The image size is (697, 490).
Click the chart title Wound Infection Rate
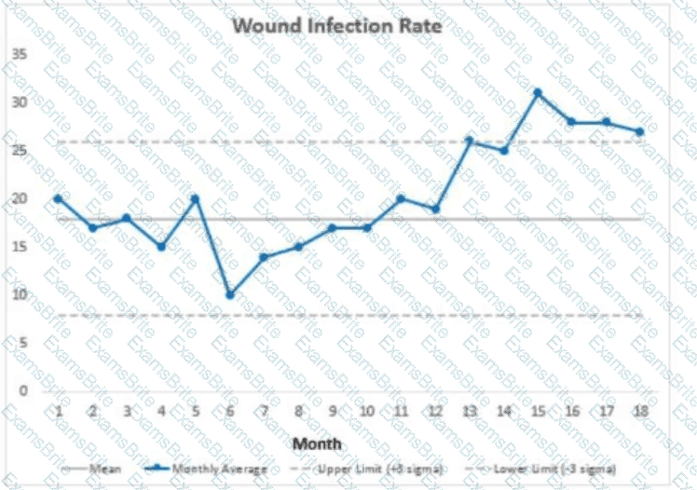tap(336, 25)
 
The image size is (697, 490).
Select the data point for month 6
tap(229, 294)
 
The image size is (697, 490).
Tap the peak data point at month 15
tap(537, 92)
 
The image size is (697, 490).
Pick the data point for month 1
tap(58, 197)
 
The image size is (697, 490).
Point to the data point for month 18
tap(639, 131)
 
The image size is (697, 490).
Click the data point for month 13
tap(469, 141)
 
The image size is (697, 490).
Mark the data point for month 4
tap(160, 246)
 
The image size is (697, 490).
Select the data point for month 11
tap(401, 197)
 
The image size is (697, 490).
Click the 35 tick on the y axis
tap(19, 53)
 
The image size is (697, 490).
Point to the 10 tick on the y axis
tap(19, 294)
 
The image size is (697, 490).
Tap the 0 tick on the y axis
tap(22, 390)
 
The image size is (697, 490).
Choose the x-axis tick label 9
tap(332, 411)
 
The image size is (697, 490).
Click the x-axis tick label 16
tap(571, 411)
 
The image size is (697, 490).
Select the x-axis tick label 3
tap(127, 411)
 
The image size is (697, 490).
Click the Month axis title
tap(317, 443)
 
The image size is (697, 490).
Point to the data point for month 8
tap(298, 246)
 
